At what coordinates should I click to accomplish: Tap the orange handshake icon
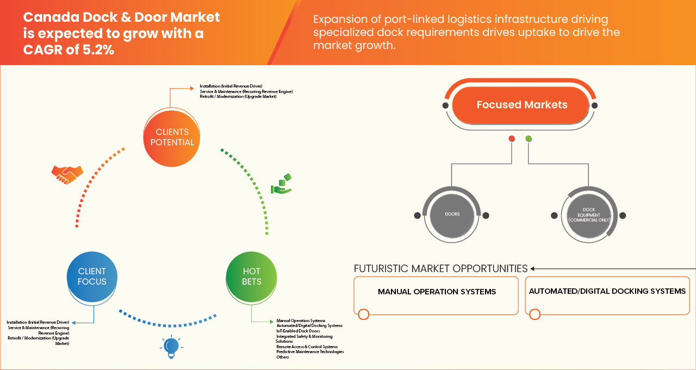point(67,175)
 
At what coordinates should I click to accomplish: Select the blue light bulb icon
point(171,347)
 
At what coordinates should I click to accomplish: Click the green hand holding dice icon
point(282,184)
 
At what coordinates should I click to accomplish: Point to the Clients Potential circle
point(172,138)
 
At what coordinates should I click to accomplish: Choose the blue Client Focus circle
point(92,276)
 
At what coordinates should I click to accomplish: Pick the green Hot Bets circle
point(251,276)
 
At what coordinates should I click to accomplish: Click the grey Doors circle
point(452,214)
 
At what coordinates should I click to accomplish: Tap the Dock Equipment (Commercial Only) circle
point(589,215)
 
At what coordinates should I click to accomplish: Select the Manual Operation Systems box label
point(437,292)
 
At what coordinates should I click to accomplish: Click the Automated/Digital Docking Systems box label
point(607,291)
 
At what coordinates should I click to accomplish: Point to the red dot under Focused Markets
point(512,139)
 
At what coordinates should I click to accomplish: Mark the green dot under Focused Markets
point(529,139)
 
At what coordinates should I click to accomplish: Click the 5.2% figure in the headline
point(98,50)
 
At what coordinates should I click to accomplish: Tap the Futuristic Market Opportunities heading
point(440,269)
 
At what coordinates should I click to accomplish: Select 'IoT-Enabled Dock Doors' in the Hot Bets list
point(298,331)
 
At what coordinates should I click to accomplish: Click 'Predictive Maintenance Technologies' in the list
point(310,351)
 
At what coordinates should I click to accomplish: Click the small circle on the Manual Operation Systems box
point(364,314)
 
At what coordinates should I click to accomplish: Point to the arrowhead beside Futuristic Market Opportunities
point(532,269)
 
